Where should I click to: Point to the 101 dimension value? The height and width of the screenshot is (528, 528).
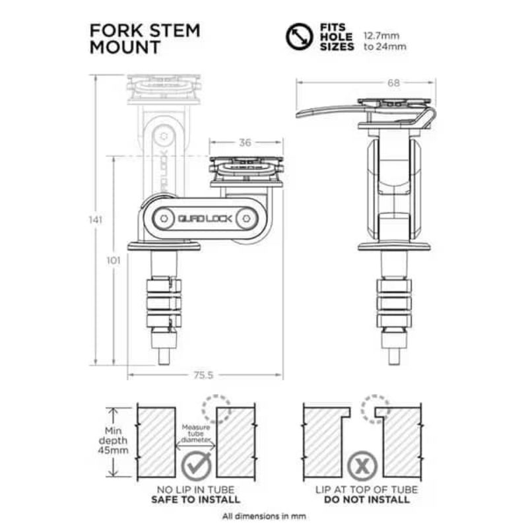click(113, 260)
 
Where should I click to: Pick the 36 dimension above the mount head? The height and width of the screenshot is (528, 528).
click(246, 142)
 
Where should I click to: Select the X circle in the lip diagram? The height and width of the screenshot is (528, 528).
click(361, 465)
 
